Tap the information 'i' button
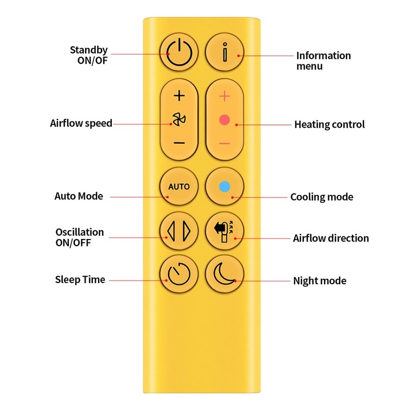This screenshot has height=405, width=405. (225, 52)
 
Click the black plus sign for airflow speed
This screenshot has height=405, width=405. (179, 96)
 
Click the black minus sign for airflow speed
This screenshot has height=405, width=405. (179, 143)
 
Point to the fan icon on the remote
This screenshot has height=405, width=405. (179, 119)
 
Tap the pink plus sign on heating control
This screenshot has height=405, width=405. (224, 96)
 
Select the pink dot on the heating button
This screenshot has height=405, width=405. (224, 120)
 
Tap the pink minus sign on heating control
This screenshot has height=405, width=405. (224, 143)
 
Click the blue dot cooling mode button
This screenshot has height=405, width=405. (224, 186)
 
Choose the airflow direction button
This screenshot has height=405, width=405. (224, 231)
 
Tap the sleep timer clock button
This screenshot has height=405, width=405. (179, 274)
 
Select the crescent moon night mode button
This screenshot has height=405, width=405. (224, 274)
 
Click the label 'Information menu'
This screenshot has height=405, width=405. (323, 61)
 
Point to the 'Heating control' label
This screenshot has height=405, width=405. (330, 125)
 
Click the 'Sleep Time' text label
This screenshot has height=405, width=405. (80, 279)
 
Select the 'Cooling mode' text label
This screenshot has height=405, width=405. (322, 197)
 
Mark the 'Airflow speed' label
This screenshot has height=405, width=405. (81, 123)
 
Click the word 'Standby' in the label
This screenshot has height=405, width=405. (89, 50)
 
